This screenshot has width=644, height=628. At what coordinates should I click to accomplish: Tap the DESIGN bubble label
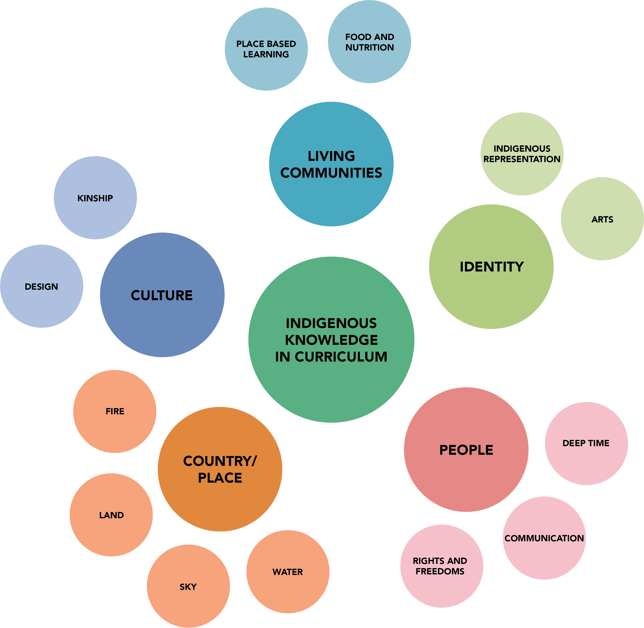41,287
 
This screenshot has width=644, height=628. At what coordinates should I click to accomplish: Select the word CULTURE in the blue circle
162,295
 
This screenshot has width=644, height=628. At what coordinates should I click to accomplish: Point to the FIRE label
115,411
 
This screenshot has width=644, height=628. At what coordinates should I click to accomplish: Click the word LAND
111,515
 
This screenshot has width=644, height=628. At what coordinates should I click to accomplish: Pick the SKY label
188,587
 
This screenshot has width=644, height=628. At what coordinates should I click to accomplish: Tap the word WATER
288,572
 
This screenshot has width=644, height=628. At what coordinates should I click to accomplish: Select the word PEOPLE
466,450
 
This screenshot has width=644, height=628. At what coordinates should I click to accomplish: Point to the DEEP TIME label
586,443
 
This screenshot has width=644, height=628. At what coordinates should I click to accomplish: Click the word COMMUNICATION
544,538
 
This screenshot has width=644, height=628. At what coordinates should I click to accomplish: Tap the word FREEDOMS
440,571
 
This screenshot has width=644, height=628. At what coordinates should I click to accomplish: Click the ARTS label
602,219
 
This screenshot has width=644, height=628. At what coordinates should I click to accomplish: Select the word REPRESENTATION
522,159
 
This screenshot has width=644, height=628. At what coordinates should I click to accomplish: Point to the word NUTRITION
369,48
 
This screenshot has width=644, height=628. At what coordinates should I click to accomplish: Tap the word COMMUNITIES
331,173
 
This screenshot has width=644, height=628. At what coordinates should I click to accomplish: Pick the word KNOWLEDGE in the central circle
331,340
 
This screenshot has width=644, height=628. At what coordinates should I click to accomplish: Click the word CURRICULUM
341,357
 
